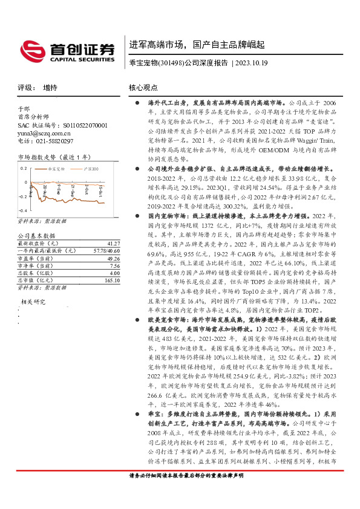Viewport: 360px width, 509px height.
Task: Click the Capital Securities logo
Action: tap(67, 51)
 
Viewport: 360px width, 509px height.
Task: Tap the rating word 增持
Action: tap(51, 88)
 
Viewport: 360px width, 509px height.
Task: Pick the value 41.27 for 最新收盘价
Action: tap(113, 242)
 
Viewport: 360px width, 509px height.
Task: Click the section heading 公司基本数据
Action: tap(36, 235)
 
